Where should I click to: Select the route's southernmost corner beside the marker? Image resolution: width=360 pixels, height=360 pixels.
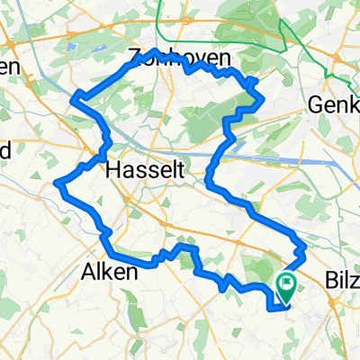(271, 308)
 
